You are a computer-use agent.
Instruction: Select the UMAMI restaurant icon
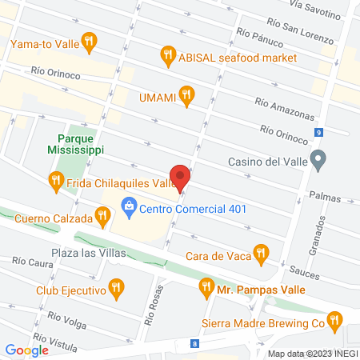pos(186,96)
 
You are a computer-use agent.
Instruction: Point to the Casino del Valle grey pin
pos(318,161)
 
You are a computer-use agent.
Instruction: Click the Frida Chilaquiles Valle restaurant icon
pos(55,182)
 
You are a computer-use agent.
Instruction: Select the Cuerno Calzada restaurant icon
pos(102,214)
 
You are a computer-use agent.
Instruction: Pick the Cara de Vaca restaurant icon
pos(259,255)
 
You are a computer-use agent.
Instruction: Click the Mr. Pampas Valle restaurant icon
pos(206,286)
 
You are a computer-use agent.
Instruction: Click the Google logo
pos(26,350)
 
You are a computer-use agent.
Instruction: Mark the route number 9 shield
pos(318,132)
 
